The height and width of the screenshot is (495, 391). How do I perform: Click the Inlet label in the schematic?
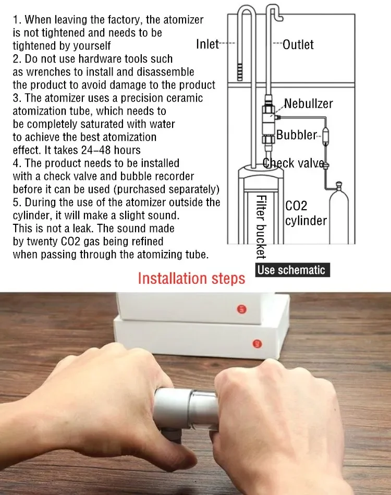coord(207,44)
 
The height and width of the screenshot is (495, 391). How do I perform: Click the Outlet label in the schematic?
coord(298,44)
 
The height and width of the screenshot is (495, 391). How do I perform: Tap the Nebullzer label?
coord(308,104)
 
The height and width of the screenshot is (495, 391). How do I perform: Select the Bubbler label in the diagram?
coord(296,135)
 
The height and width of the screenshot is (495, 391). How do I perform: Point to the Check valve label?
coord(294,163)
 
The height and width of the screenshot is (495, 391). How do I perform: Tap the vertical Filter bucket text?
coord(261,227)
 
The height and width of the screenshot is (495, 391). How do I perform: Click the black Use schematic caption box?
coord(292,270)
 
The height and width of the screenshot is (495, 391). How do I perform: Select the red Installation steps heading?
coord(191,279)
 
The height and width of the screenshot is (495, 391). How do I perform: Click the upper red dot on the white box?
coord(241,309)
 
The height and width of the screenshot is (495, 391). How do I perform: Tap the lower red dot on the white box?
coord(258,343)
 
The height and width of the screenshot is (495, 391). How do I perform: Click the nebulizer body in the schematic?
coord(268,119)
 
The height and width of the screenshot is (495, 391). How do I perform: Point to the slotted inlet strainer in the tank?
coord(240,76)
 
